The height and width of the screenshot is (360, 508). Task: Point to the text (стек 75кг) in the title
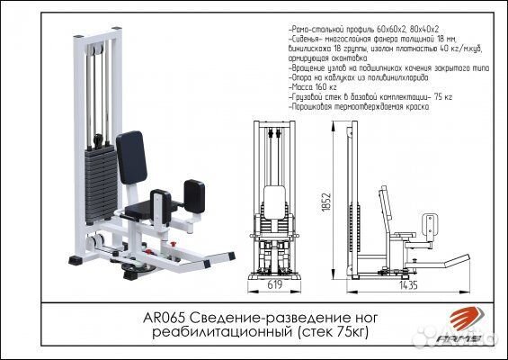click(x=334, y=333)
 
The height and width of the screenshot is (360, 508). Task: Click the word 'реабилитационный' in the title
click(x=237, y=333)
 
